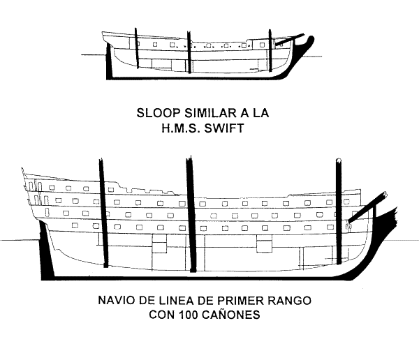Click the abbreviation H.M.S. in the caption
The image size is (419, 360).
[180, 128]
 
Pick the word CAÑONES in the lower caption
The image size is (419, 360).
[231, 315]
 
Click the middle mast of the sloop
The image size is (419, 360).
[189, 52]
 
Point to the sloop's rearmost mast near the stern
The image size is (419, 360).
[136, 48]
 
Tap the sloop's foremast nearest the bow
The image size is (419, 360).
[270, 51]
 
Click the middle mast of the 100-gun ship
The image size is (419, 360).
[191, 213]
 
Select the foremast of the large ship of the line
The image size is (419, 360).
[339, 211]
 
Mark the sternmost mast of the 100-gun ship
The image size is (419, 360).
[103, 213]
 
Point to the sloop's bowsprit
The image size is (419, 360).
[289, 39]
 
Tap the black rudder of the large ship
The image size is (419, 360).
[46, 250]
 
